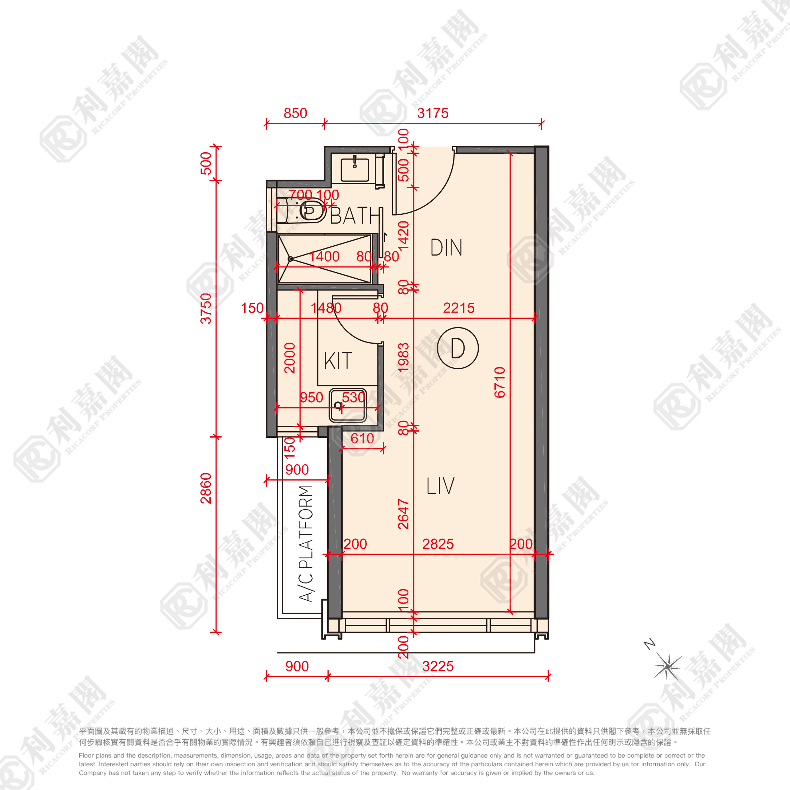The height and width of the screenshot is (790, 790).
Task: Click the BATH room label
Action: click(356, 215)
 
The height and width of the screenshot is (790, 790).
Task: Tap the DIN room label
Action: click(446, 247)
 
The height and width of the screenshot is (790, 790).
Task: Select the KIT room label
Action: click(338, 361)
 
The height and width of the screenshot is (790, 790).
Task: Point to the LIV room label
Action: click(440, 485)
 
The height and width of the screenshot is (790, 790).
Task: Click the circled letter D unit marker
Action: click(457, 348)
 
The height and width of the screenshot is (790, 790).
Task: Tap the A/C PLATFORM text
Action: click(306, 543)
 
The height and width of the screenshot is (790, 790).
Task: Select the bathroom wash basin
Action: click(354, 169)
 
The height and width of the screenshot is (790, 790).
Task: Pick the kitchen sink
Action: click(348, 405)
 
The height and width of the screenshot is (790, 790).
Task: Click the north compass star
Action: click(667, 666)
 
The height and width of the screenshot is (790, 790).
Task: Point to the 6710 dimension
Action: click(500, 382)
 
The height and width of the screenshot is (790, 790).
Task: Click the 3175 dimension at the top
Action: click(433, 113)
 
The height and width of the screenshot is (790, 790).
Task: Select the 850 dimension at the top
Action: click(295, 113)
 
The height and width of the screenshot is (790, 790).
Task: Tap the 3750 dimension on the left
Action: click(206, 308)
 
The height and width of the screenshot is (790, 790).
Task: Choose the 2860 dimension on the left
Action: click(206, 488)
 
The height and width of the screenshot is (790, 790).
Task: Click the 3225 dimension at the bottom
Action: click(438, 666)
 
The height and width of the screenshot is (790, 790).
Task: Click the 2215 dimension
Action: click(459, 308)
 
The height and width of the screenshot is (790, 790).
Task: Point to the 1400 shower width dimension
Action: click(324, 256)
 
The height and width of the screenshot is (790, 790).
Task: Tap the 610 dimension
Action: click(362, 438)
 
